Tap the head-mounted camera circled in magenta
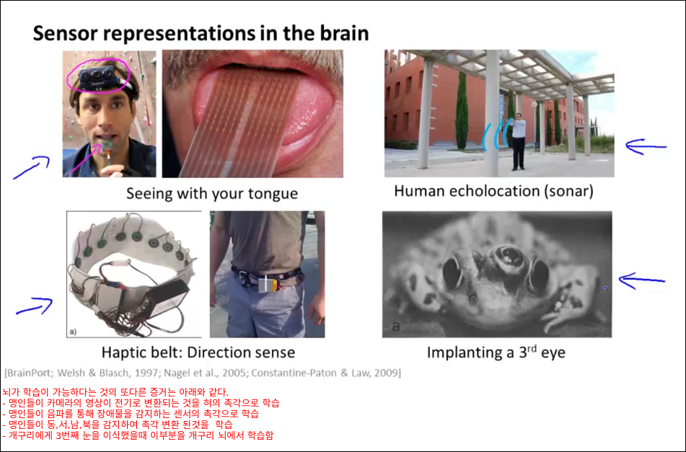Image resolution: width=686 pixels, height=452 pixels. pyautogui.click(x=97, y=79)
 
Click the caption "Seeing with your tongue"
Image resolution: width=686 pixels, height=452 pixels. pyautogui.click(x=212, y=193)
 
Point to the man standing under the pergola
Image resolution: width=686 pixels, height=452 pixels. pyautogui.click(x=519, y=141)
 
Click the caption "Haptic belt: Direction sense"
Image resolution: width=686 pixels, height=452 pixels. pyautogui.click(x=198, y=353)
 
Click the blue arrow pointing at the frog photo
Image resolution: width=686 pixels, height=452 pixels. pyautogui.click(x=642, y=280)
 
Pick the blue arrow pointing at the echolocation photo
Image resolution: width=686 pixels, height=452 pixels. pyautogui.click(x=646, y=146)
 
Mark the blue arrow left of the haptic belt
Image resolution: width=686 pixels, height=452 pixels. pyautogui.click(x=34, y=306)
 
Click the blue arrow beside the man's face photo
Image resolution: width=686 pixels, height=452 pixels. pyautogui.click(x=32, y=167)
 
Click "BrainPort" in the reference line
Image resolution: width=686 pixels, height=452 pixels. pyautogui.click(x=28, y=373)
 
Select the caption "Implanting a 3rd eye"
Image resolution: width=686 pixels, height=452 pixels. pyautogui.click(x=496, y=352)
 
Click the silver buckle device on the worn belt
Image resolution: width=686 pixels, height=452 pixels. pyautogui.click(x=267, y=284)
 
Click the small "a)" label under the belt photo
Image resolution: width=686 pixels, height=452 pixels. pyautogui.click(x=73, y=332)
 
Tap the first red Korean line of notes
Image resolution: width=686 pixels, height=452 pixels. pyautogui.click(x=115, y=391)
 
